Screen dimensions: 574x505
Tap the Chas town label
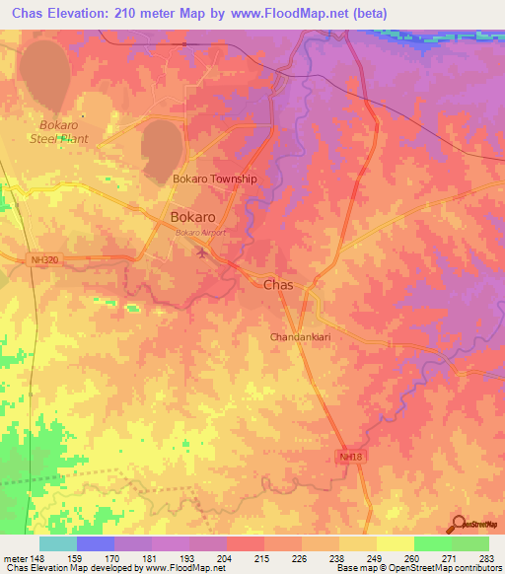click(278, 284)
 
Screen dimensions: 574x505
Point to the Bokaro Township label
click(214, 179)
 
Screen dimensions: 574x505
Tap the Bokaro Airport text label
click(200, 233)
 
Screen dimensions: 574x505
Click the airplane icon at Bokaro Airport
click(203, 253)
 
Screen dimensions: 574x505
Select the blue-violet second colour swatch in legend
click(95, 543)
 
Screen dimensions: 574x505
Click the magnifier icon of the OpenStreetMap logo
click(460, 523)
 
